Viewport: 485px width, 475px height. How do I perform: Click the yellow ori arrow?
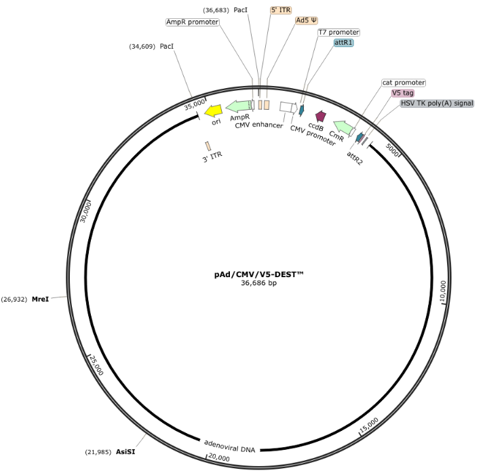[214, 110]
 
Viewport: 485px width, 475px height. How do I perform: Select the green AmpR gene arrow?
[239, 106]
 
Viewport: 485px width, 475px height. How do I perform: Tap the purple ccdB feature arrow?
[321, 116]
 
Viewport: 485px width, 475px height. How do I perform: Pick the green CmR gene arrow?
[343, 127]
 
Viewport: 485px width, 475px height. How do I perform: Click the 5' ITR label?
[281, 10]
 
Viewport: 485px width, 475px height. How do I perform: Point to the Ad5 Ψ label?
[307, 20]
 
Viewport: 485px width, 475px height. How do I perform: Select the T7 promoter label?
[338, 32]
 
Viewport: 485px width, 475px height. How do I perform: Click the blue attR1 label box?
[344, 42]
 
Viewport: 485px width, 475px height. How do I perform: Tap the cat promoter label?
[404, 83]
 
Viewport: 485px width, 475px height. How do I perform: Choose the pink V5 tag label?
[402, 93]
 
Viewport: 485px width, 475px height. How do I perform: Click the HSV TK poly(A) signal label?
[437, 103]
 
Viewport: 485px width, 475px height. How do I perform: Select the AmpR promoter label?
[193, 22]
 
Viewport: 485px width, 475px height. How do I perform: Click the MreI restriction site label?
[40, 299]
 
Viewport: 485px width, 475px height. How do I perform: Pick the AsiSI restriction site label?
[125, 452]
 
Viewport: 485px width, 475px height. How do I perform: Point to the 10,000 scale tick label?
[443, 291]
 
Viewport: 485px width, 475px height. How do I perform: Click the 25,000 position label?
[96, 365]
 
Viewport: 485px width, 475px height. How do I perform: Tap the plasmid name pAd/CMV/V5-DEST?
[258, 274]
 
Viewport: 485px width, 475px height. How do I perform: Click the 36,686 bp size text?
[258, 283]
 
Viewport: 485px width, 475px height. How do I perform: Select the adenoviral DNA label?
[229, 447]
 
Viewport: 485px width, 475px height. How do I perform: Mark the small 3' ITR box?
[208, 146]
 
